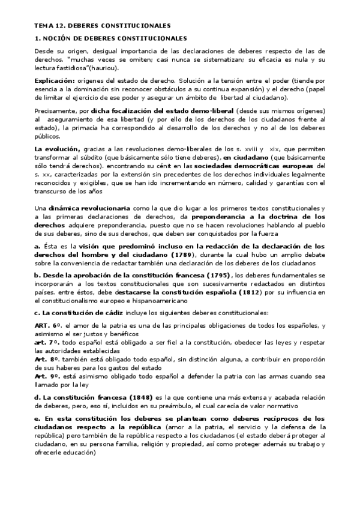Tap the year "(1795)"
(x=216, y=276)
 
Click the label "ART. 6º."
(x=49, y=325)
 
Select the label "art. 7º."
(x=48, y=341)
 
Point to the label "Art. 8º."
(x=48, y=358)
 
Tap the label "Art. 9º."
(x=48, y=375)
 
